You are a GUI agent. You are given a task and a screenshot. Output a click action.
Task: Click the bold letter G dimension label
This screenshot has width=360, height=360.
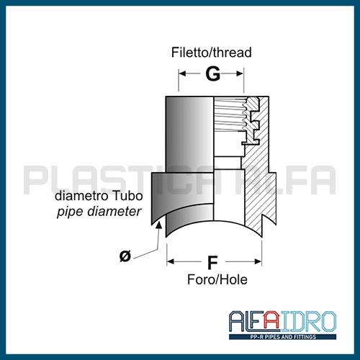click(x=212, y=73)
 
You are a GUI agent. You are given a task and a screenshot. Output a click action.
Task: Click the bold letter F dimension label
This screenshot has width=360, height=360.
click(x=212, y=263)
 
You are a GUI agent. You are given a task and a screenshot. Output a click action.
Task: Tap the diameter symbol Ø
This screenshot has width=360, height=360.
click(x=125, y=256)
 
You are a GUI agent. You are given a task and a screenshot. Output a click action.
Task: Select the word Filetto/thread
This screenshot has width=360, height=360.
click(x=212, y=53)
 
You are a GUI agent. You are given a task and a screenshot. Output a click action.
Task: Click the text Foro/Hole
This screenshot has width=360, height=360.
click(x=217, y=279)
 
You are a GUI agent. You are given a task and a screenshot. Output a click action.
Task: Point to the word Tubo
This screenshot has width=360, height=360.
click(x=127, y=196)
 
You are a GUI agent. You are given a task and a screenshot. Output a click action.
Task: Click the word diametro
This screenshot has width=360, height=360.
click(x=82, y=196)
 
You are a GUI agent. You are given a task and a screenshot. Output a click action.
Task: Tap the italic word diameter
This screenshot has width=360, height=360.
click(x=114, y=212)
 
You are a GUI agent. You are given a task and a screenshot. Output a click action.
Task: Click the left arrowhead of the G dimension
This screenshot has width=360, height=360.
click(x=183, y=73)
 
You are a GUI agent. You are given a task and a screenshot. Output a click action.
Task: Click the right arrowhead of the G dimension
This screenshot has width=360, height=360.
click(x=240, y=73)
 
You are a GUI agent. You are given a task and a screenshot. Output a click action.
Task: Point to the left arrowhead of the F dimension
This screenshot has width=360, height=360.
click(x=171, y=261)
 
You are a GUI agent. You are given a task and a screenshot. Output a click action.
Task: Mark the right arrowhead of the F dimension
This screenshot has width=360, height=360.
click(x=258, y=261)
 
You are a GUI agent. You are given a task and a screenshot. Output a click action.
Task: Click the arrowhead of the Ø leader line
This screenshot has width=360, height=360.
click(x=158, y=225)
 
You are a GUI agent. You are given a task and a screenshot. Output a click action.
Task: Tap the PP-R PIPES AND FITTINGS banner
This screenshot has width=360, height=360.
click(x=283, y=337)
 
